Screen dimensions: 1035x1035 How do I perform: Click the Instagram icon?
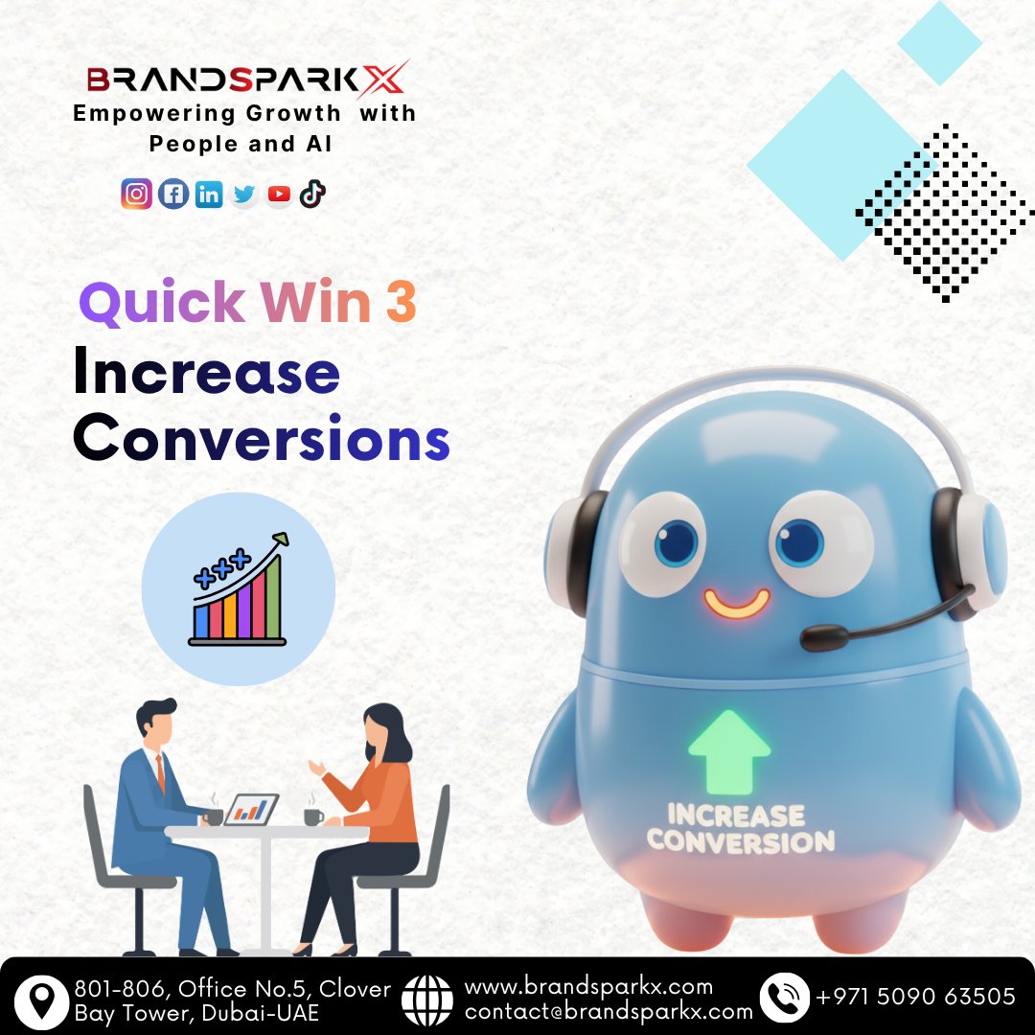[137, 195]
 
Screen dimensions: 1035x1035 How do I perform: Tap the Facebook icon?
[172, 195]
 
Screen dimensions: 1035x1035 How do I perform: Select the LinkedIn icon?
[208, 195]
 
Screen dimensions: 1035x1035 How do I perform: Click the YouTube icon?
[279, 195]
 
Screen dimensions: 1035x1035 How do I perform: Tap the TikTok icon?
[312, 195]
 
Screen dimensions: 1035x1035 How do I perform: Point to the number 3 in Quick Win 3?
[402, 303]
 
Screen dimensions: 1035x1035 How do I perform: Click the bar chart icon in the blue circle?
[239, 587]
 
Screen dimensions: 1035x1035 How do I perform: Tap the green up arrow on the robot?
[729, 751]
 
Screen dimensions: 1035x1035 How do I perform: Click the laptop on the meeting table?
[252, 811]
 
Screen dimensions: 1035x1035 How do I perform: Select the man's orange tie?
[160, 772]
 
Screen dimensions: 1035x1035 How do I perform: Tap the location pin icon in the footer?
[41, 1000]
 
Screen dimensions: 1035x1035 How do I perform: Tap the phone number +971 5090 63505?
[915, 998]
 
